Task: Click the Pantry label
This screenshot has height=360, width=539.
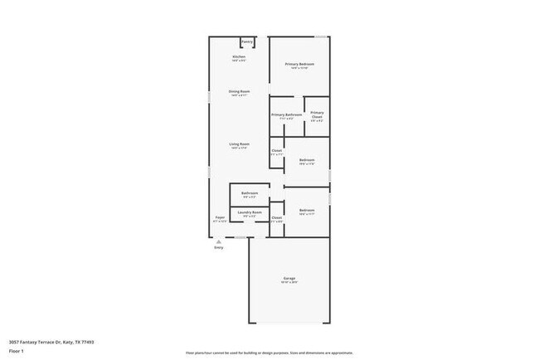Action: click(247, 41)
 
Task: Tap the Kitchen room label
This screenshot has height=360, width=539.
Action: click(239, 56)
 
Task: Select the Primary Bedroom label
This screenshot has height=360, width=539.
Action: click(299, 64)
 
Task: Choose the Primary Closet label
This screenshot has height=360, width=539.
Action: click(318, 114)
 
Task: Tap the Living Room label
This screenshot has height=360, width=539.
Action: click(240, 144)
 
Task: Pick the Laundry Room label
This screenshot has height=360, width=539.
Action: click(250, 212)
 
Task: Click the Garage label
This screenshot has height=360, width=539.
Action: click(289, 278)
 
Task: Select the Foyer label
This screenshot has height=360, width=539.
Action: click(220, 217)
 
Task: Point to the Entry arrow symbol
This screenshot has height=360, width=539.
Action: click(219, 241)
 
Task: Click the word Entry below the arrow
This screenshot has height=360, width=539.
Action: click(219, 248)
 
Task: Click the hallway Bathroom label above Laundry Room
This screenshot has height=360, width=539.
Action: click(250, 193)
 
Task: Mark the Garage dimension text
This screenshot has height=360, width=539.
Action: click(289, 282)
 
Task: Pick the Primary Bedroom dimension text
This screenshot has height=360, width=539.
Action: click(299, 68)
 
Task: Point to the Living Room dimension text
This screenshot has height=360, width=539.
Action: click(240, 148)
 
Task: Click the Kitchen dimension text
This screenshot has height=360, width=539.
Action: click(239, 61)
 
